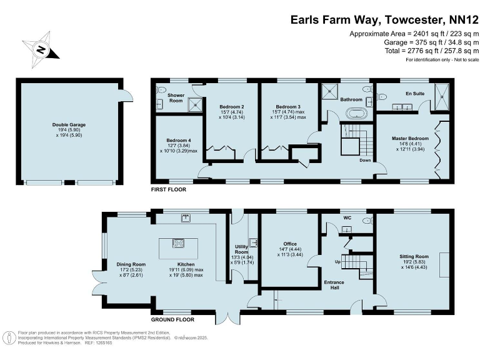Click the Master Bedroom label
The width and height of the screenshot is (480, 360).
tap(410, 142)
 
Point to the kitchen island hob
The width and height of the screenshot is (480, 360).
tap(177, 243)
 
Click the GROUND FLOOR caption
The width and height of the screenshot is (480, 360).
tap(172, 319)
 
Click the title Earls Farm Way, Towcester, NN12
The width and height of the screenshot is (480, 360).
tap(384, 19)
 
